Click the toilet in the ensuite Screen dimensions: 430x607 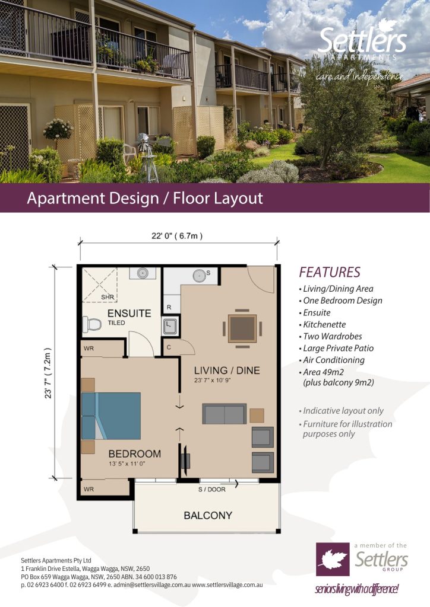91,324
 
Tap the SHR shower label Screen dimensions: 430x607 107,297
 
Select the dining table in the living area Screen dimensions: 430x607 242,328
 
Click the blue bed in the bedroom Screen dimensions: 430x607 111,416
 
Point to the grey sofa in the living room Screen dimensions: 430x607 224,413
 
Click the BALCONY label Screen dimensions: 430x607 208,515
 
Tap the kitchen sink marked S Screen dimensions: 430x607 200,276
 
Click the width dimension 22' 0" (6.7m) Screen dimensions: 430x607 177,236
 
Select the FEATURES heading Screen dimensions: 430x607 330,272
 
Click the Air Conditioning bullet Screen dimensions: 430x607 332,360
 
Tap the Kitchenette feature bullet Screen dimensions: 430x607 322,324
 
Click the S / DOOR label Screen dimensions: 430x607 211,489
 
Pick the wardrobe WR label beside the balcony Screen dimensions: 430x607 89,489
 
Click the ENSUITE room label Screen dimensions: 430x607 129,313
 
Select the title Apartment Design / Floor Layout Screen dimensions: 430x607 145,198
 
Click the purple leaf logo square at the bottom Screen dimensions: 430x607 333,559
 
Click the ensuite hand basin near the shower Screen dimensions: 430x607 143,273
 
